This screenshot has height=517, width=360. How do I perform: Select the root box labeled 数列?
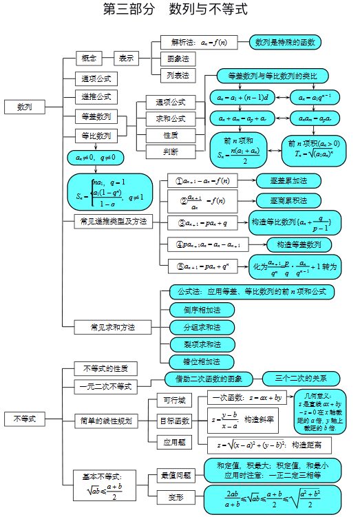[25, 107]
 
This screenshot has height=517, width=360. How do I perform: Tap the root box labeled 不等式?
[25, 419]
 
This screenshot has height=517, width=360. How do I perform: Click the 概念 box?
[89, 58]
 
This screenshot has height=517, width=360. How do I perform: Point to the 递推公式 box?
[96, 97]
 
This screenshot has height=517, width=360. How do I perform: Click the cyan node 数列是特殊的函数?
[285, 43]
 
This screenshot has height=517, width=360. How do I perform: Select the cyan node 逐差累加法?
[288, 181]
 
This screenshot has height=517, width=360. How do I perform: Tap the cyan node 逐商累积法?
[288, 201]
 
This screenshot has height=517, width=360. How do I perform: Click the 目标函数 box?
[174, 421]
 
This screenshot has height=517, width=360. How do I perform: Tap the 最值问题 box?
[176, 475]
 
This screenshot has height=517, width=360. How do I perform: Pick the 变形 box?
[176, 496]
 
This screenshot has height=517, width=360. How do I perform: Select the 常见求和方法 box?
[113, 326]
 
